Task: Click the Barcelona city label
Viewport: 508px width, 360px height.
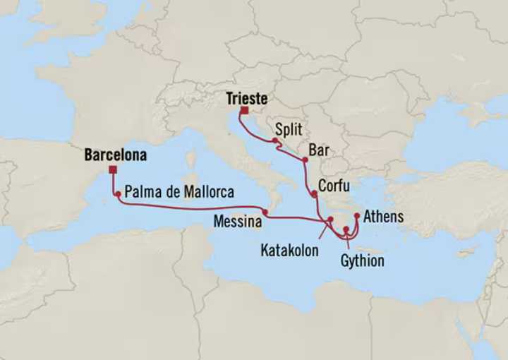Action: tap(115, 155)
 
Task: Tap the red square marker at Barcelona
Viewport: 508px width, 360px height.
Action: tap(113, 169)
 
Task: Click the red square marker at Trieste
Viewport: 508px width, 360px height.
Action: tap(243, 111)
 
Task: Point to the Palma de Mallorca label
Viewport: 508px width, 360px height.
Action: tap(180, 191)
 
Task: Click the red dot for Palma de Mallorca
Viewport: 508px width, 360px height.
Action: tap(117, 193)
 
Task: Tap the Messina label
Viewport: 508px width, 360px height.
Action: tap(238, 222)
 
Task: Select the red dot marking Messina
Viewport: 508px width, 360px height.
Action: tap(265, 212)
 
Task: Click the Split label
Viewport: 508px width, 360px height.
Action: tap(289, 130)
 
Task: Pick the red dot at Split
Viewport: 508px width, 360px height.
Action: tap(274, 141)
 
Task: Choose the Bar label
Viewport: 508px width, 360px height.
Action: tap(319, 150)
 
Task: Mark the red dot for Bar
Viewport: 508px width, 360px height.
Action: tap(305, 160)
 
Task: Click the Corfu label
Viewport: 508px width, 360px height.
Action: tap(333, 186)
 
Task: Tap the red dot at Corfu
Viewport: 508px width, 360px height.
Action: tap(314, 193)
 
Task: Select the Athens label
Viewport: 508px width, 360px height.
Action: tap(384, 216)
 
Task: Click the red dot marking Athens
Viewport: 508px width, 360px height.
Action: tap(357, 215)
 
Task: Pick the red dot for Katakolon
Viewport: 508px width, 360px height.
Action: tap(330, 220)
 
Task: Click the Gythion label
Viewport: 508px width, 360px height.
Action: tap(363, 261)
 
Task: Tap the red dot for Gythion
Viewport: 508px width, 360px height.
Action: tap(346, 229)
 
